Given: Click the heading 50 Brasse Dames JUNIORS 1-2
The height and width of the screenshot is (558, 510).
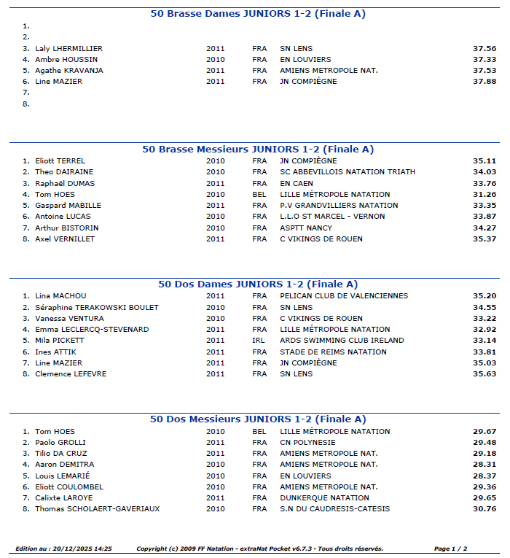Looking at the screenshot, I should [258, 14].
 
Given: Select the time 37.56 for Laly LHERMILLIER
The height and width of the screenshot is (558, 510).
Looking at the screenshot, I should [484, 49].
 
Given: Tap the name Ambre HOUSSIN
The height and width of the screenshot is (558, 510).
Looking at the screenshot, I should [66, 60].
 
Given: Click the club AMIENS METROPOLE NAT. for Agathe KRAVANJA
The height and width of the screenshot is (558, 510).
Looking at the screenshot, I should [329, 71].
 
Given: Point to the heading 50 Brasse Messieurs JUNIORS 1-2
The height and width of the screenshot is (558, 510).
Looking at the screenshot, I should [258, 150].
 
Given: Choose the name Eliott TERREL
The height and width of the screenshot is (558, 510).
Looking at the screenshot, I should [60, 161].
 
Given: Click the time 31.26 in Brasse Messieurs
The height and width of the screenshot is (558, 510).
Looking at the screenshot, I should [484, 195].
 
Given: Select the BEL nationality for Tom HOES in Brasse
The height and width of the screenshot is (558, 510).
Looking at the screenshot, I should [259, 195].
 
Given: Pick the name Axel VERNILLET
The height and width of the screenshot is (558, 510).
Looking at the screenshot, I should [65, 239].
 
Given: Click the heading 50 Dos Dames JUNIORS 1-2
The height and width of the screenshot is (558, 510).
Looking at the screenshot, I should [258, 284].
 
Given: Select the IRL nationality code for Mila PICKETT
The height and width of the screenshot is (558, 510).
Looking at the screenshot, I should [259, 341].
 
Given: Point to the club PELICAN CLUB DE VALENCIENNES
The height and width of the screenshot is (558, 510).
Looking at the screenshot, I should [344, 296].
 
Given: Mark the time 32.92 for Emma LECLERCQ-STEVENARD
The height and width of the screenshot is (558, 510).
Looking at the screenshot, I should [484, 330].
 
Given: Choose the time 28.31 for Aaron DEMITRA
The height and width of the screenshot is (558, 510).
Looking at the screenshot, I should [484, 465].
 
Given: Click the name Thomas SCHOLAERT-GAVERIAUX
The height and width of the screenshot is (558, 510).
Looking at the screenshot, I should [97, 509].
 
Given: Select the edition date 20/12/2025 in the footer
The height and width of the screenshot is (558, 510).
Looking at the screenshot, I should [85, 549].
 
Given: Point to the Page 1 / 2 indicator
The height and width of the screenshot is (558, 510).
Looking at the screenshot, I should [450, 549].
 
